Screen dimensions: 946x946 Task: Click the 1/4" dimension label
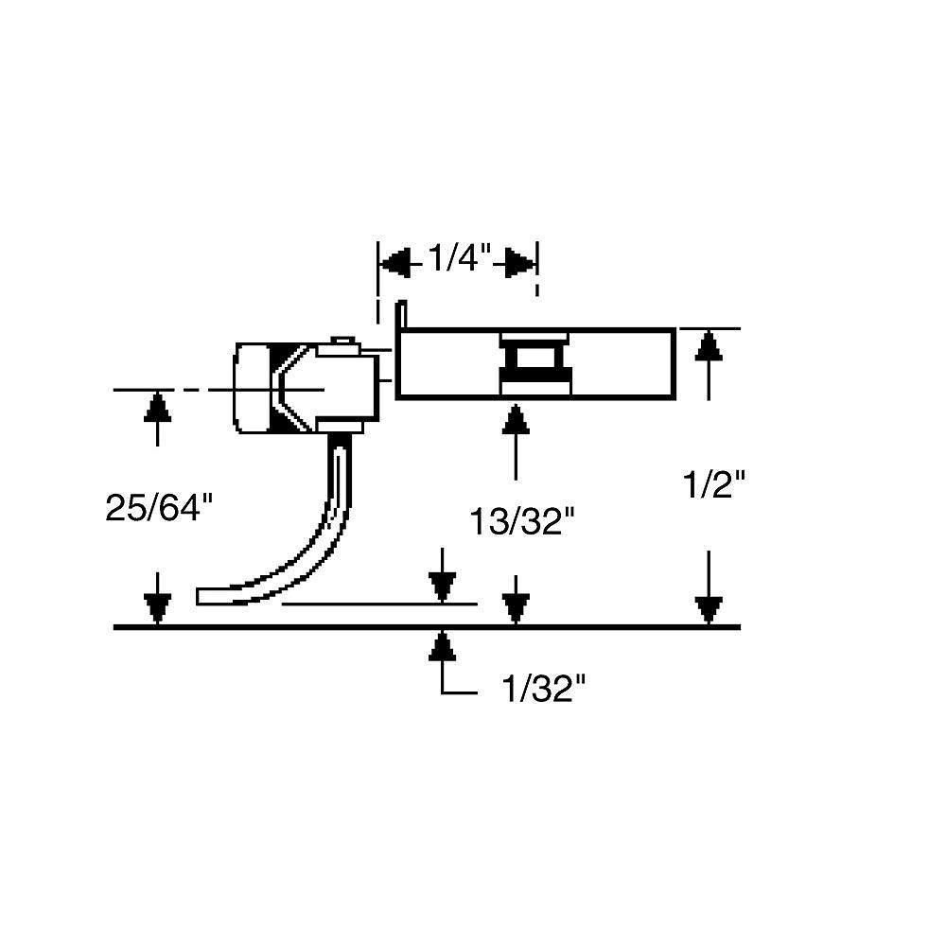pyautogui.click(x=458, y=260)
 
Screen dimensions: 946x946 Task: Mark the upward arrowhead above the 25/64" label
pyautogui.click(x=159, y=407)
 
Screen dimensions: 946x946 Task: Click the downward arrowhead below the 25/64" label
pyautogui.click(x=159, y=607)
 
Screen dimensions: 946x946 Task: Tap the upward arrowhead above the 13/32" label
pyautogui.click(x=516, y=420)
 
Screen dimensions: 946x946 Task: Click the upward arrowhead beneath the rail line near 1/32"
pyautogui.click(x=442, y=646)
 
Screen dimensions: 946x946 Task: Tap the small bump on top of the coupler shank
pyautogui.click(x=342, y=341)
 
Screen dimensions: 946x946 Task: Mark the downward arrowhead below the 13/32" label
pyautogui.click(x=516, y=607)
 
